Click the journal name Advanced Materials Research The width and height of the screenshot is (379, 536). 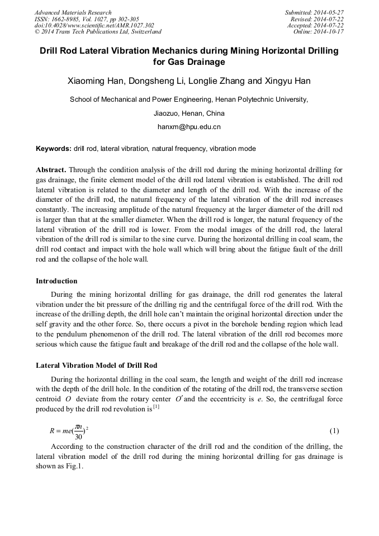(73, 12)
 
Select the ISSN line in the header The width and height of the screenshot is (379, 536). (87, 19)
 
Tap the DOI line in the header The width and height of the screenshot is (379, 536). (94, 26)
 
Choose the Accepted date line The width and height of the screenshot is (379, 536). (315, 26)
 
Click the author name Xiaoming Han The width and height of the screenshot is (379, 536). (96, 81)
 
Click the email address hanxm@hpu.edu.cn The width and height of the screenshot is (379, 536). (189, 127)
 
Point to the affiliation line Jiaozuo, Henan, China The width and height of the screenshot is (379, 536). (189, 113)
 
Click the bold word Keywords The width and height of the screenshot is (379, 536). (53, 149)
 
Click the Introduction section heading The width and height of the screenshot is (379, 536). (56, 281)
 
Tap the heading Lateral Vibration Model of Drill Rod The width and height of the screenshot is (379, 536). (96, 366)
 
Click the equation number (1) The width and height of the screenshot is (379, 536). (334, 431)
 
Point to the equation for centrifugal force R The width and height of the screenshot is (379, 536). (67, 431)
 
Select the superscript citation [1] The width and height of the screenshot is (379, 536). (157, 406)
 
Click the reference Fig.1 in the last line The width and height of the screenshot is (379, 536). (75, 467)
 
